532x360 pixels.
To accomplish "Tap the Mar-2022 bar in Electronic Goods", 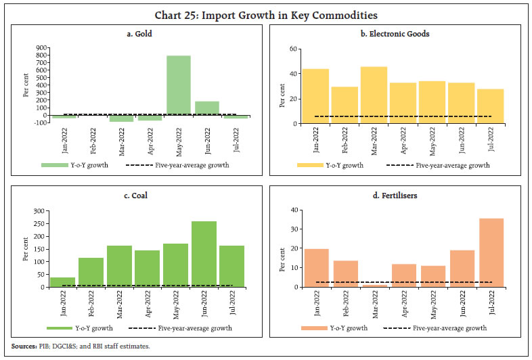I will coord(374,95).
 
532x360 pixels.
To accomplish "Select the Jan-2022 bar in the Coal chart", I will coord(62,282).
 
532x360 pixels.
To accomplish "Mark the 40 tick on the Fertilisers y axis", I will coord(294,210).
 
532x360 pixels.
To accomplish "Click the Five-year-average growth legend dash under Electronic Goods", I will coord(398,164).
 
